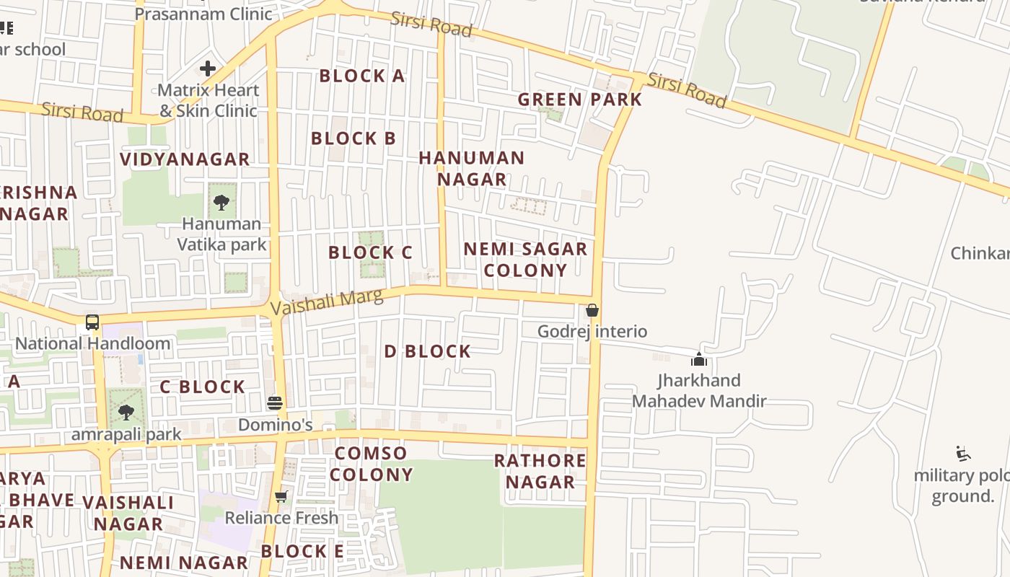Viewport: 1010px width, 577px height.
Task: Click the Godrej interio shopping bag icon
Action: click(592, 310)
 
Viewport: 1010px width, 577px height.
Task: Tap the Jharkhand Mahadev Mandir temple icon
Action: click(698, 358)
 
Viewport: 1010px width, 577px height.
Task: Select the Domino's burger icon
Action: click(274, 402)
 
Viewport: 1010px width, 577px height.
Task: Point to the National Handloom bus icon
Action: click(92, 322)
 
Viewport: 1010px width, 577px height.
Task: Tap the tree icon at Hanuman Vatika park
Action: click(221, 202)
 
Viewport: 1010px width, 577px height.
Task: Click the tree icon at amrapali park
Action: click(126, 413)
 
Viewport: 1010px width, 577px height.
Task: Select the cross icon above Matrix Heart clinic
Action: click(208, 69)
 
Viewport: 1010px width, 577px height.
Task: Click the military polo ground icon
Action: click(962, 454)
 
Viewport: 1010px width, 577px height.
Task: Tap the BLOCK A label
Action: click(362, 76)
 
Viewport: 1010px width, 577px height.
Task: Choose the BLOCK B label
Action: click(353, 138)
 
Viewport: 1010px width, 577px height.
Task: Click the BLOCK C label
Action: click(370, 252)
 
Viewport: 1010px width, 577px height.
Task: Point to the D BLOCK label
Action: click(428, 351)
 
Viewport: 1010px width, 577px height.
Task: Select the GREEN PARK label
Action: click(580, 100)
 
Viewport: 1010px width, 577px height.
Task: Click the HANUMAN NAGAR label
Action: click(472, 168)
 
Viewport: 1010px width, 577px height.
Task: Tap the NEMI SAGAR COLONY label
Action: click(525, 260)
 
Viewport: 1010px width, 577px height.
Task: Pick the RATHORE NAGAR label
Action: click(540, 471)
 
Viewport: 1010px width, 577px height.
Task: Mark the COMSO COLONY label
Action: click(372, 464)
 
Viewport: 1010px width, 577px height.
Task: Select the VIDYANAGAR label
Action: click(185, 159)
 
